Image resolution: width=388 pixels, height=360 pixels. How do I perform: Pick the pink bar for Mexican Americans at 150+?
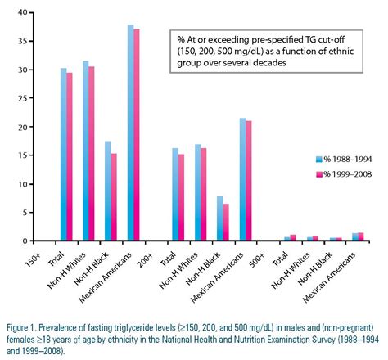(138, 135)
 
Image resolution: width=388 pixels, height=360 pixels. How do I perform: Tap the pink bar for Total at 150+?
(70, 156)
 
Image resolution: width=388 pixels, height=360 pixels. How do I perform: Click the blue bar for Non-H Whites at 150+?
(86, 151)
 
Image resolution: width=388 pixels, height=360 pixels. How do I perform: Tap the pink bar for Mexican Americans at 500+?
(359, 236)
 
